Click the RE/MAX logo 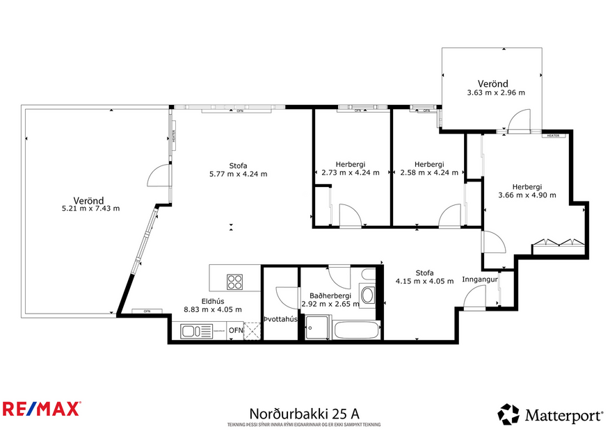coord(42,408)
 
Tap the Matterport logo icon coord(508,414)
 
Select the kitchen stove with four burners coord(235,282)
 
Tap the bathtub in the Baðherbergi coord(357,330)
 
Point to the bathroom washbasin coord(367,294)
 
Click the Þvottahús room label coord(280,319)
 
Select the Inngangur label coord(480,280)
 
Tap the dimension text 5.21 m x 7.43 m coord(91,208)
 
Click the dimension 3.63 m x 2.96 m coord(496,92)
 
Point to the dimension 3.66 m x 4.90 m coord(527,195)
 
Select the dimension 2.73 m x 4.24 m coord(351,172)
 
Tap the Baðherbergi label coord(330,295)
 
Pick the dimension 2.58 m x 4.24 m coord(429,172)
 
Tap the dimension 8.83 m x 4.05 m coord(213,309)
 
